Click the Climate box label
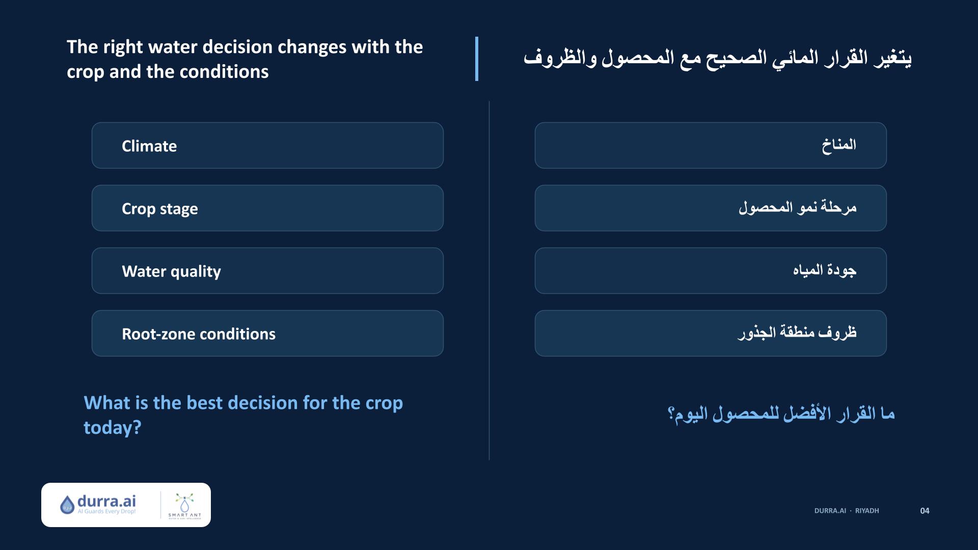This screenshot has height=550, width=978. [149, 146]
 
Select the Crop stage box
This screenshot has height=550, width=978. [267, 208]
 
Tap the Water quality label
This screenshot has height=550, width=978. [171, 271]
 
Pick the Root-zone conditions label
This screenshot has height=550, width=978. [199, 334]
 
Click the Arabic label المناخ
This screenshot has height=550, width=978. [839, 145]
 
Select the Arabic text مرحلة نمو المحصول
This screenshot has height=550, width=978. [798, 208]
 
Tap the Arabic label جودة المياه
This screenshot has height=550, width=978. [825, 270]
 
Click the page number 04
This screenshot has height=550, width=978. [925, 511]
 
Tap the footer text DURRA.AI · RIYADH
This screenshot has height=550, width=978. [847, 511]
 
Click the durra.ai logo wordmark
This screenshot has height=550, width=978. [106, 501]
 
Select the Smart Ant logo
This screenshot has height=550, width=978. [184, 505]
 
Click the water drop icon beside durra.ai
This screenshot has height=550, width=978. [67, 505]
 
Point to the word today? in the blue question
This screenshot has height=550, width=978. [113, 428]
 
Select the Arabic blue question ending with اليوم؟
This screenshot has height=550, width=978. [781, 414]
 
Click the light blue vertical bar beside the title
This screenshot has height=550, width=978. [477, 59]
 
